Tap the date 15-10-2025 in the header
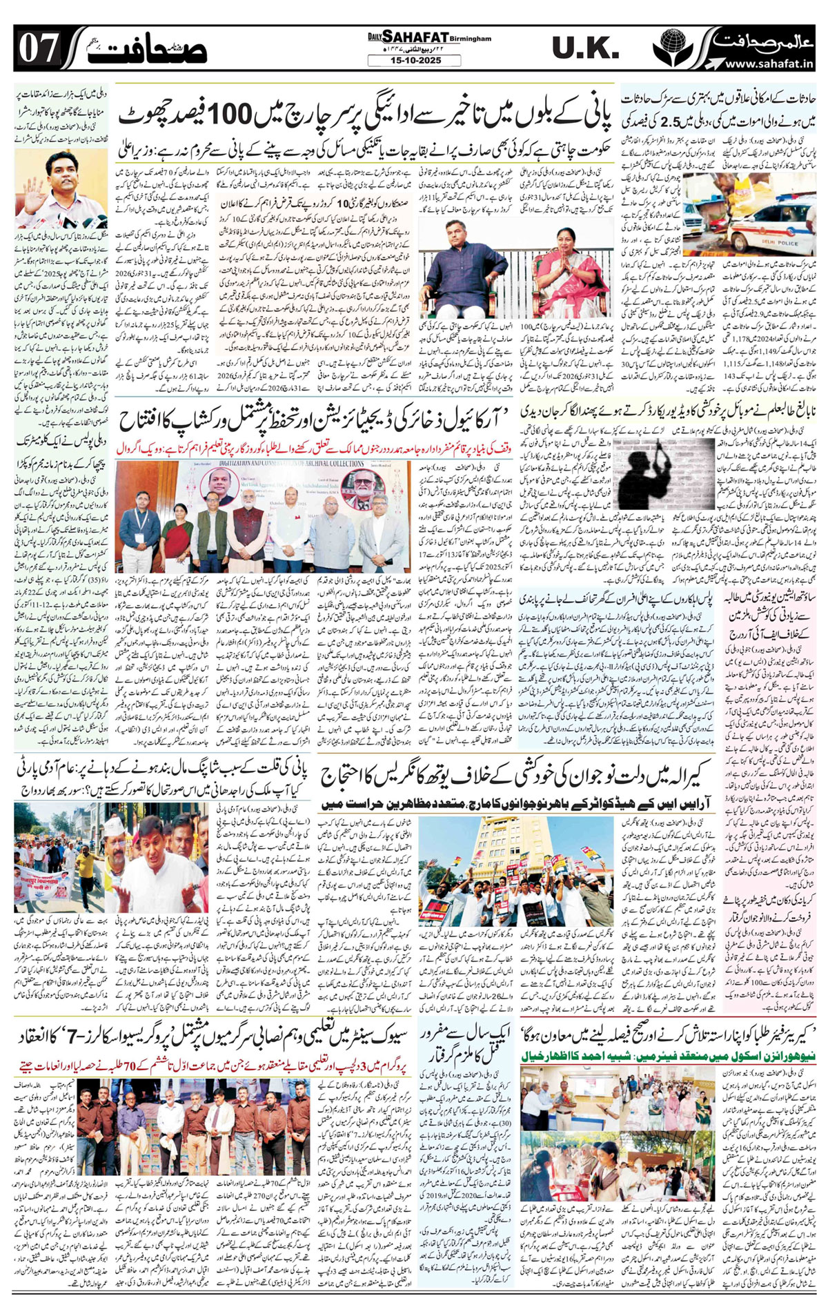pos(413,61)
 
